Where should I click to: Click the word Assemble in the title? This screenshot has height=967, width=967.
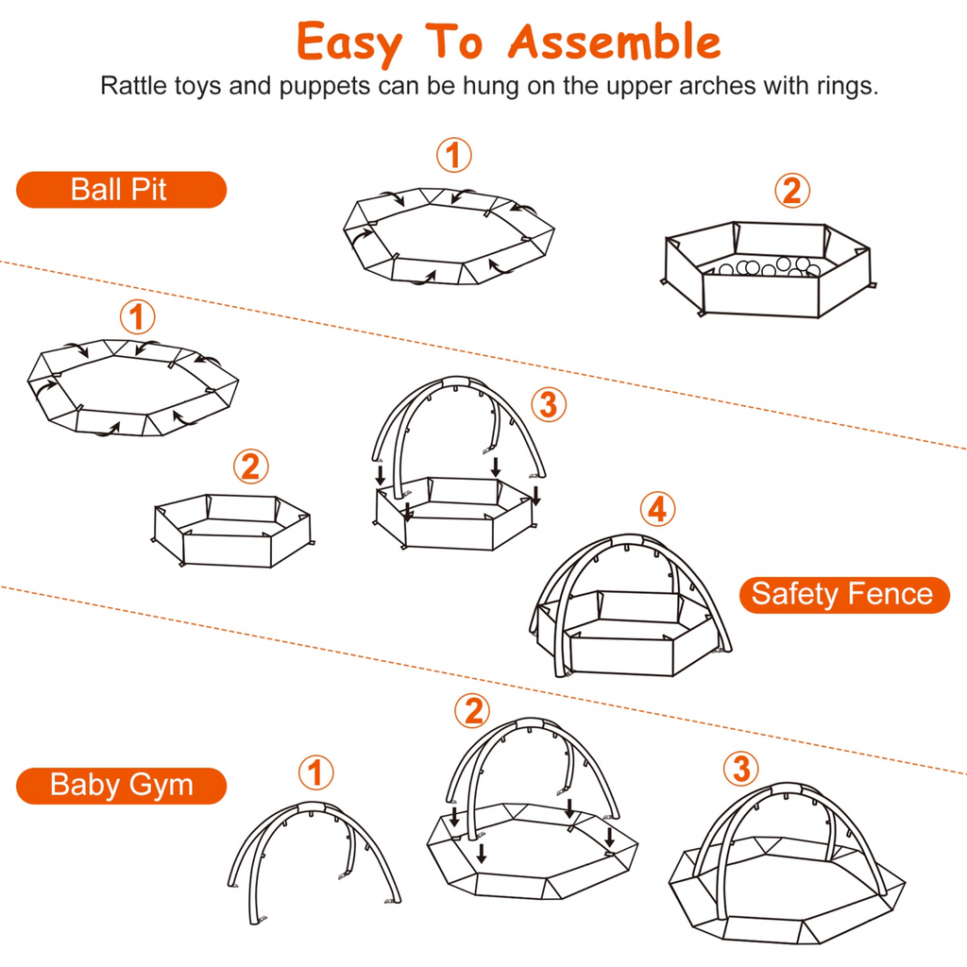(x=615, y=42)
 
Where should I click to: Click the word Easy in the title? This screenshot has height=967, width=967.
(x=348, y=42)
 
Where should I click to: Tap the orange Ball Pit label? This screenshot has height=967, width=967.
(x=121, y=190)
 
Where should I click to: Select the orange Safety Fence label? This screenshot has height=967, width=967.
(x=843, y=595)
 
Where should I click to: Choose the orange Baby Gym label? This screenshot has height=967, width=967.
(x=121, y=785)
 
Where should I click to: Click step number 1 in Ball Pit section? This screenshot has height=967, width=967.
(x=454, y=155)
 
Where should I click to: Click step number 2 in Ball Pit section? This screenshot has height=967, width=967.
(x=791, y=191)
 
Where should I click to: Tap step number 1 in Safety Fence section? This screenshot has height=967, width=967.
(x=138, y=316)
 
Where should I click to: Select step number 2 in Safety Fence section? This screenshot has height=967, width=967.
(x=249, y=466)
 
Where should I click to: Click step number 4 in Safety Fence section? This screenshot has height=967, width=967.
(x=657, y=509)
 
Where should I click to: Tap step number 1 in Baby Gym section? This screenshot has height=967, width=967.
(x=316, y=773)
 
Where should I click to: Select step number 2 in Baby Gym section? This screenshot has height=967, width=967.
(x=472, y=710)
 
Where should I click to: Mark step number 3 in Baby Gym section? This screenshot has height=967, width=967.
(x=740, y=769)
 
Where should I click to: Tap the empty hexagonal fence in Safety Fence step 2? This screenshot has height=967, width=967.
(x=232, y=531)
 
